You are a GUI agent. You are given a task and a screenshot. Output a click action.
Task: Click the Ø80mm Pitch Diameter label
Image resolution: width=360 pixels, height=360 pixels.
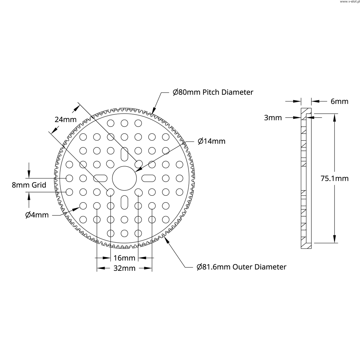[213, 92]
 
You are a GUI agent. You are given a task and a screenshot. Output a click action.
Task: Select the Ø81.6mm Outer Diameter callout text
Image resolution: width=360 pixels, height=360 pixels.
[241, 267]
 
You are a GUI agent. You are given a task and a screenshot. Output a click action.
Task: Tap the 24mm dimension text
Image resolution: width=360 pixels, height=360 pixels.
[66, 120]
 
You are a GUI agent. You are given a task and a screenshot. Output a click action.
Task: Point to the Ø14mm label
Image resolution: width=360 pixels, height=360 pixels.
[211, 141]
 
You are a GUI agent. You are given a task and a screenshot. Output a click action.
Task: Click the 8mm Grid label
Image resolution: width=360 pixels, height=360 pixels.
[29, 185]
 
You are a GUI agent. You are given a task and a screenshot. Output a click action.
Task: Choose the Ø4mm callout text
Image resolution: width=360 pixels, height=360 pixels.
[37, 215]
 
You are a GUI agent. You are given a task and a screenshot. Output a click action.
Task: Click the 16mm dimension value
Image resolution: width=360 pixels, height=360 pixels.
[124, 258]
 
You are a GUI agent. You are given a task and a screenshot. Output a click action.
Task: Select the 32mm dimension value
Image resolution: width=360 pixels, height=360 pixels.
[124, 268]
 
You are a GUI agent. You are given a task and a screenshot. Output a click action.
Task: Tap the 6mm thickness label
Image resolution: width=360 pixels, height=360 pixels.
[339, 102]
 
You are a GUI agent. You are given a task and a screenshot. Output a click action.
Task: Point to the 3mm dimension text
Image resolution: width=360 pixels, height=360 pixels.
[273, 118]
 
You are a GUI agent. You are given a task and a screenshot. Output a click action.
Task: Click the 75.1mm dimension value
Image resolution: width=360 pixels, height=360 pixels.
[335, 179]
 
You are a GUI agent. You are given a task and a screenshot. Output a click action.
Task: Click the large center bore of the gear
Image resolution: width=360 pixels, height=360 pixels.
[124, 178]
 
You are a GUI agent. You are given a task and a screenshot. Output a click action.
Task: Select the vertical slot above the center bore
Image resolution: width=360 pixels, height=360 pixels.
[124, 154]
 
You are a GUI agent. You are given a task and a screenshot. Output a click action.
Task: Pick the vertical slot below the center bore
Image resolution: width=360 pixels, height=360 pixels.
[124, 202]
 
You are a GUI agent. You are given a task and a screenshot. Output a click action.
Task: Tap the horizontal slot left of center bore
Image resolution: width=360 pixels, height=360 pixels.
[100, 178]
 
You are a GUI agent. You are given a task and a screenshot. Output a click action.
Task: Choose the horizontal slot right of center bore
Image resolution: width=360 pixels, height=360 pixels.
[148, 178]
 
